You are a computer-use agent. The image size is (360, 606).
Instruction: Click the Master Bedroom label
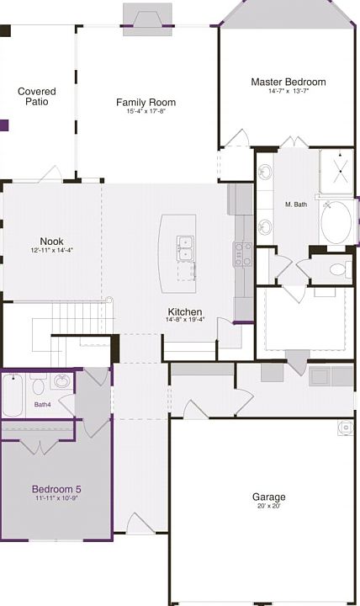[289, 82]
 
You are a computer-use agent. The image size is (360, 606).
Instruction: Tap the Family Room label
[146, 103]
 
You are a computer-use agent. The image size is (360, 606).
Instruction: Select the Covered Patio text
[37, 97]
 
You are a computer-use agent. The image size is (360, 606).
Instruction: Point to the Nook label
[52, 242]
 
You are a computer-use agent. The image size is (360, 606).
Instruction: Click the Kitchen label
[185, 312]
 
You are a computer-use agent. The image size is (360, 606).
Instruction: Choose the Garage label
[269, 497]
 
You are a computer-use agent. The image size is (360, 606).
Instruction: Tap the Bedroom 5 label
[56, 489]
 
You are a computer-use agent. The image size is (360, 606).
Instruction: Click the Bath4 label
[43, 405]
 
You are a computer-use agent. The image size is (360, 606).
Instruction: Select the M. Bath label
[296, 205]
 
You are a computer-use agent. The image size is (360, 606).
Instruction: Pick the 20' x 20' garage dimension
[269, 506]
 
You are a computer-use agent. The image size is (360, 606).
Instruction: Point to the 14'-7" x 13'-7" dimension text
[289, 91]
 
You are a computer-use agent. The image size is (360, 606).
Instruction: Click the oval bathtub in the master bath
[336, 222]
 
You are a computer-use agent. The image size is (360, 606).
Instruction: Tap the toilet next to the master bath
[341, 269]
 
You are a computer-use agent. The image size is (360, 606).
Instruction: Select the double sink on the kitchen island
[185, 248]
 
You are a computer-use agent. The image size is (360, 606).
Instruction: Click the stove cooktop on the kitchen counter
[242, 254]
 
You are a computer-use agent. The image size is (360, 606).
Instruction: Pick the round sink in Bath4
[61, 381]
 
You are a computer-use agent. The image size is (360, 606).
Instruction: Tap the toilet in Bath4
[38, 384]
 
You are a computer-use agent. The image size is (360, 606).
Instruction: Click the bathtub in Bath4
[13, 395]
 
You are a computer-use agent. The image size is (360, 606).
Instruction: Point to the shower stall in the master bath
[336, 171]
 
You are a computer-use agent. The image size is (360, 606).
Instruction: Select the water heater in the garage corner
[345, 428]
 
